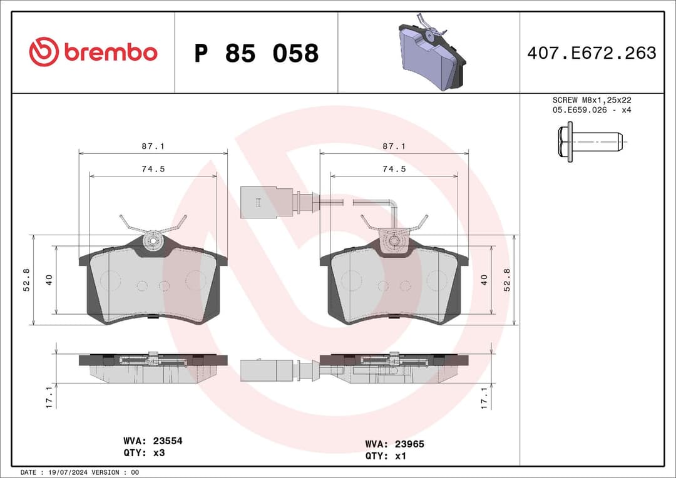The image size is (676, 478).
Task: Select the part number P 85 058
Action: coord(256,54)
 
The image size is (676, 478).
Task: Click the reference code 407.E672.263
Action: coord(591,53)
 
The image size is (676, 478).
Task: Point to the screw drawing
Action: coord(590,143)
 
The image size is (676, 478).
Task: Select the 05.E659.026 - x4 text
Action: coord(591,110)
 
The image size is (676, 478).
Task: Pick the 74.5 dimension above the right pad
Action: coord(394,169)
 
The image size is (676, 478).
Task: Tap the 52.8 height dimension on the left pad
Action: coord(26,280)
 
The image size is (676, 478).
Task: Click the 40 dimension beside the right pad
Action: coord(484,280)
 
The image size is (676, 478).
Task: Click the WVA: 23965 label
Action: coord(394,444)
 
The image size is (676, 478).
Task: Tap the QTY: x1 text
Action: coord(386,455)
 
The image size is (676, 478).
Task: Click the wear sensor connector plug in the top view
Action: coord(257,202)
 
